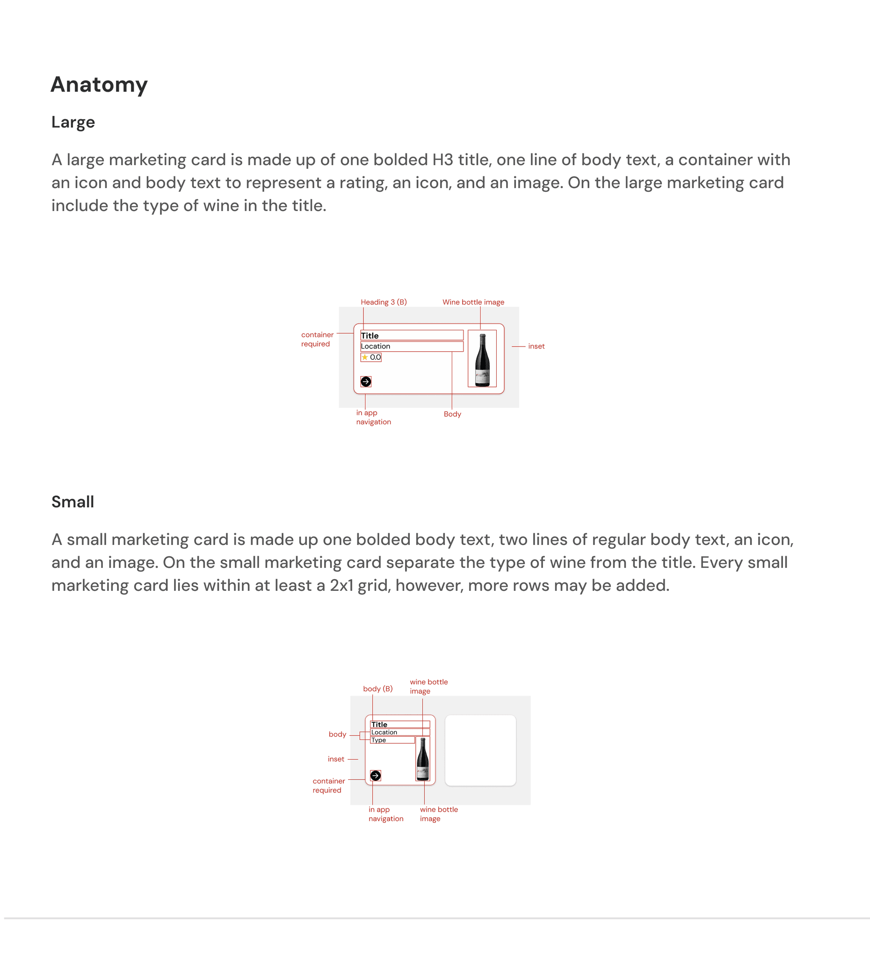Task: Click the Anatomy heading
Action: [99, 85]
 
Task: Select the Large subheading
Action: [73, 122]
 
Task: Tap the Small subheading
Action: [72, 502]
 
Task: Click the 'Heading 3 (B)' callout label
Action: [384, 302]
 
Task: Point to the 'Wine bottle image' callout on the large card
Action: [473, 302]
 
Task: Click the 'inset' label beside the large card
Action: [536, 347]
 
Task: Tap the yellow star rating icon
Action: [365, 357]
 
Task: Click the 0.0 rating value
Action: [376, 357]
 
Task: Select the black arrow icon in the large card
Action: [366, 382]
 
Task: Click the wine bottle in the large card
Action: [482, 360]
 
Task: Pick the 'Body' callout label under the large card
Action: [452, 414]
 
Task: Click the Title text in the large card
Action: [370, 335]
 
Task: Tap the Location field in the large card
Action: [376, 347]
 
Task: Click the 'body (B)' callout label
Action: [378, 689]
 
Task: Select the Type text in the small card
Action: [379, 740]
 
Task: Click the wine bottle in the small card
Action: [422, 759]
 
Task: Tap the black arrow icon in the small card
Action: [376, 776]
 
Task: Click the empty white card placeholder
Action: [480, 750]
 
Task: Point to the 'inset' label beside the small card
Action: [336, 759]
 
